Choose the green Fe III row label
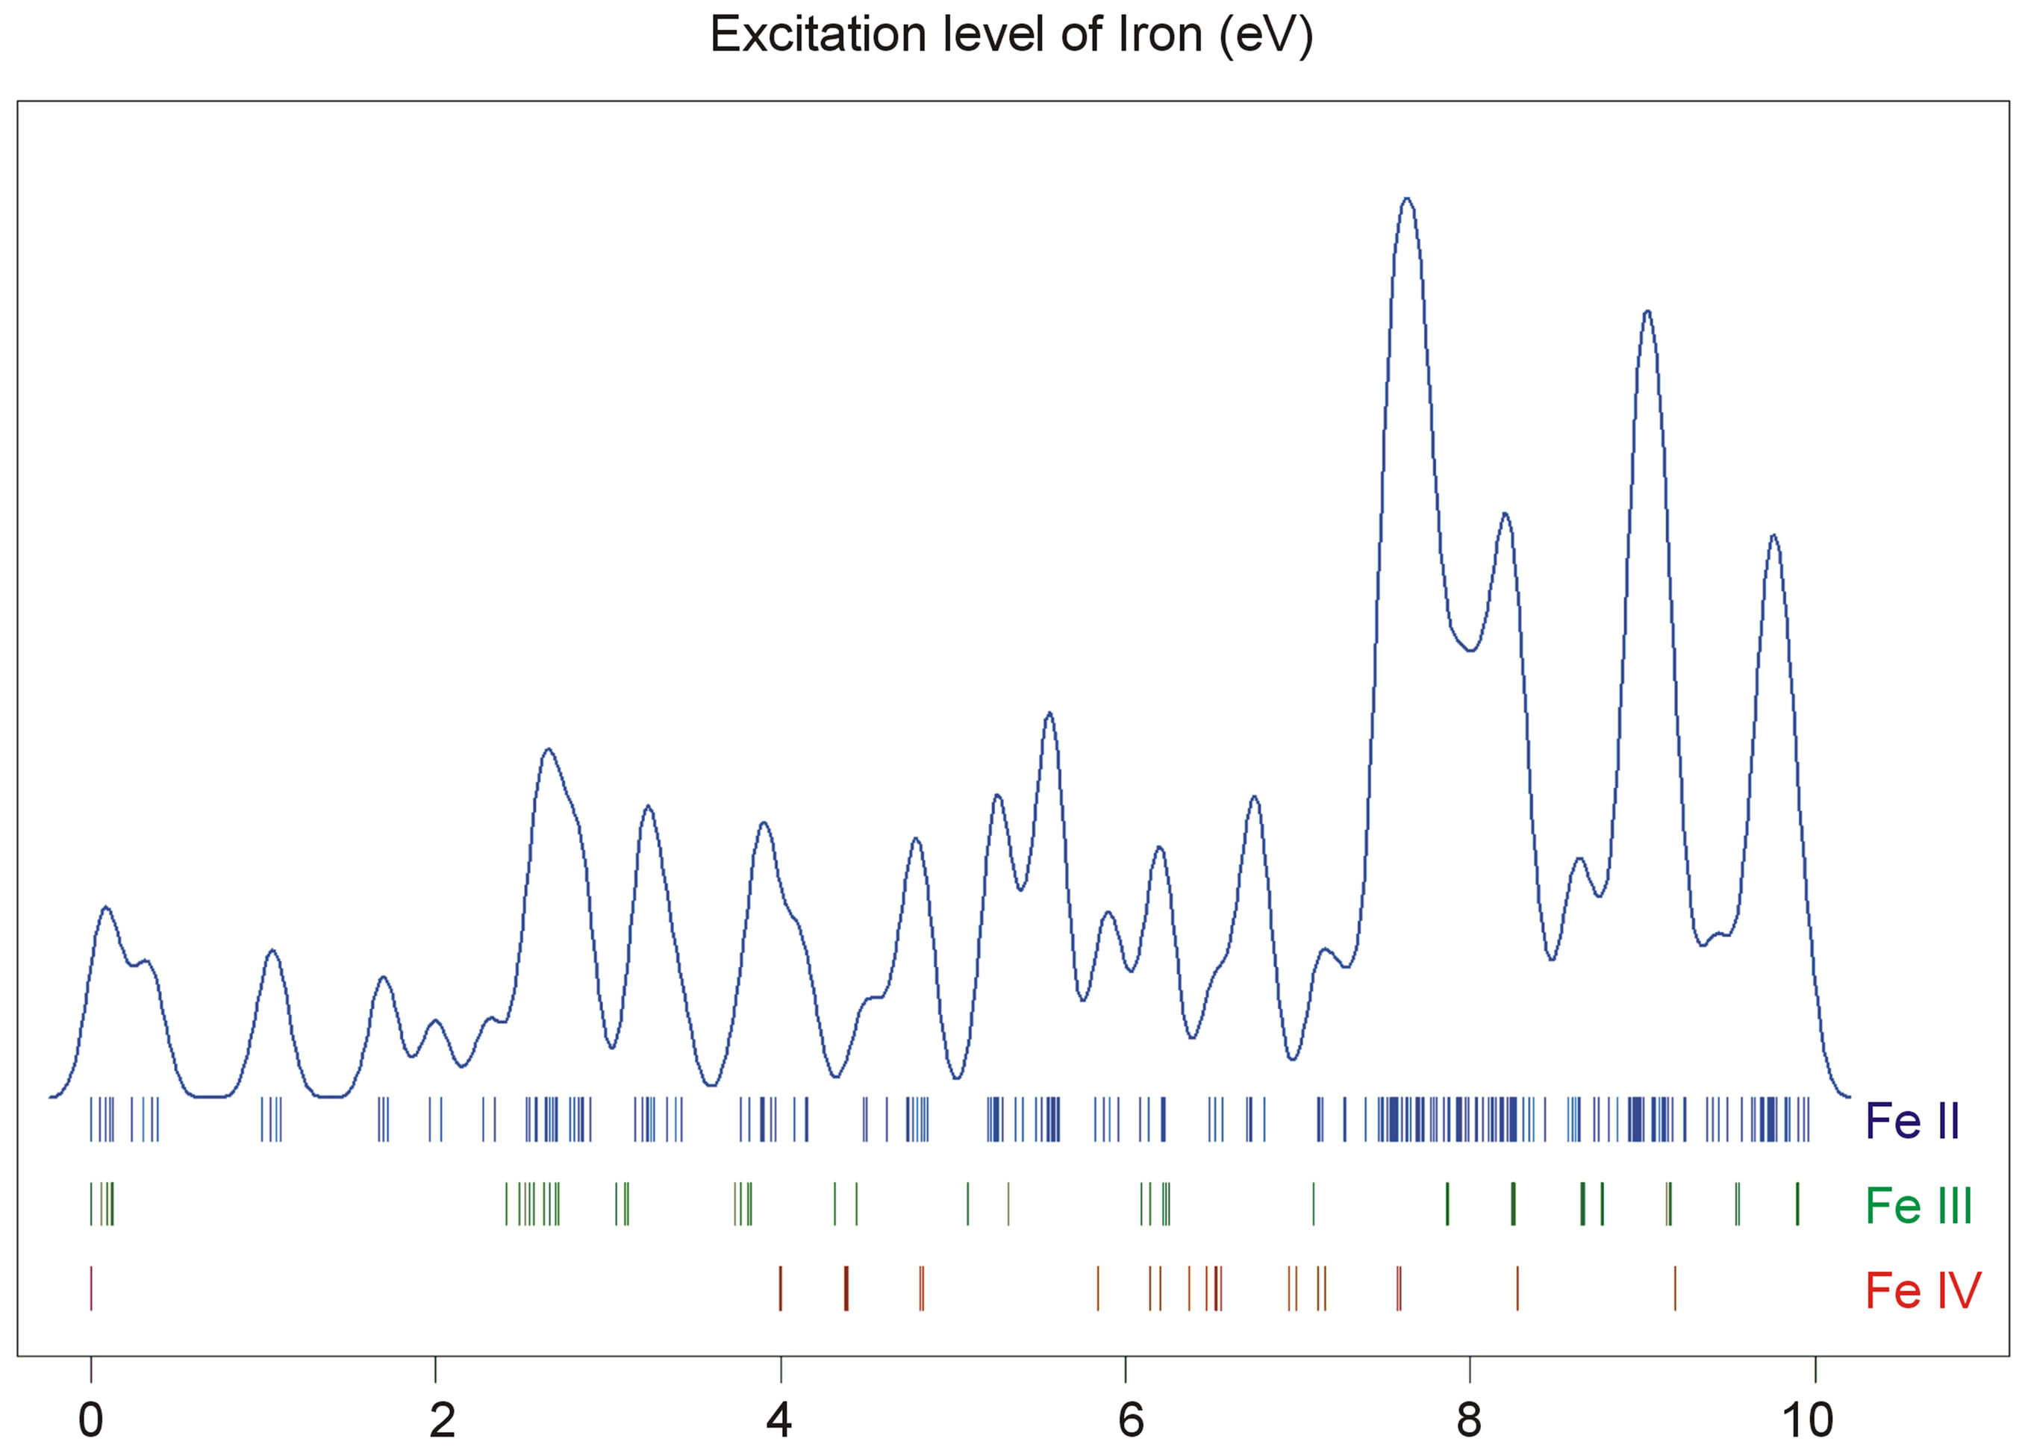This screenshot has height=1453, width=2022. (1918, 1206)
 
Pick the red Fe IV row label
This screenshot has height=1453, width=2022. (1923, 1290)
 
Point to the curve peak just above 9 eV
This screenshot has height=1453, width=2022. (1647, 311)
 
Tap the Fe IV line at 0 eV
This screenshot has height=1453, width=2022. (91, 1288)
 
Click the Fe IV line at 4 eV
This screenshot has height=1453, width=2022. (780, 1288)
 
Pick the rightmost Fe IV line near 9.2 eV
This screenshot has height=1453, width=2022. (1675, 1288)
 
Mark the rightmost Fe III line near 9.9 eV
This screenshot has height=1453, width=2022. (1797, 1204)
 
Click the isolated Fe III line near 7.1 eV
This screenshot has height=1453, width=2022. (1313, 1204)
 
